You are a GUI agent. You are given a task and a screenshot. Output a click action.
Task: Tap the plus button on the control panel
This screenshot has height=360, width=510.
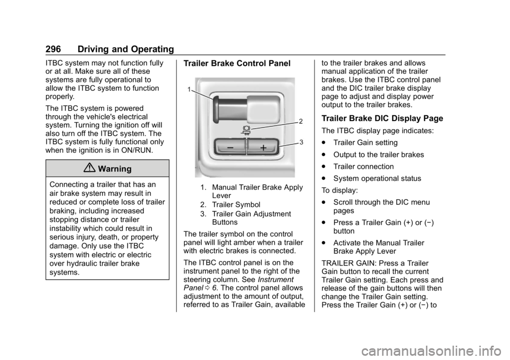click(262, 147)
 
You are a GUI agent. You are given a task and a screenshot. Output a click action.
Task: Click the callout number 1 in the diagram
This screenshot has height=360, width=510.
click(190, 90)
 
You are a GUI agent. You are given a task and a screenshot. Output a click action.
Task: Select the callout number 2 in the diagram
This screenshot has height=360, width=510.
click(301, 122)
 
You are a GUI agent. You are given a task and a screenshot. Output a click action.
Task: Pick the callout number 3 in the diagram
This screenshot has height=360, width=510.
click(301, 142)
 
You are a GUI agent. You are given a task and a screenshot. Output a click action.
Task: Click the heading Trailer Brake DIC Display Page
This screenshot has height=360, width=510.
click(382, 118)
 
